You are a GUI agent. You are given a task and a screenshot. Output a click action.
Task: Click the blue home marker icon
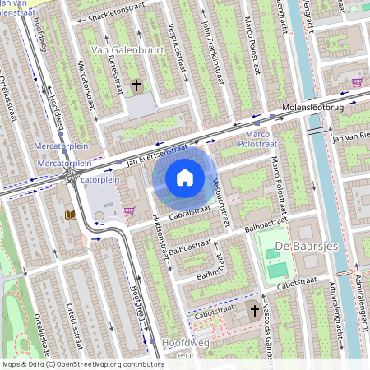pos(185,177)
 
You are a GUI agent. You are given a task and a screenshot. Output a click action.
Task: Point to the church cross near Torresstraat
pos(136,85)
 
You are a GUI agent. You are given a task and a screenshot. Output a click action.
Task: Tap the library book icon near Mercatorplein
pos(70,215)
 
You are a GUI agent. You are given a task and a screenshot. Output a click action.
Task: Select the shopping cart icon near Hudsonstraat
pos(129,211)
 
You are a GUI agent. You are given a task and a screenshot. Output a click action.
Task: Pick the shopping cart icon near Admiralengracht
pos(357,82)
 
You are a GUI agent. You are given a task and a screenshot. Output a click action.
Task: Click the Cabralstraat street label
pos(169,213)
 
